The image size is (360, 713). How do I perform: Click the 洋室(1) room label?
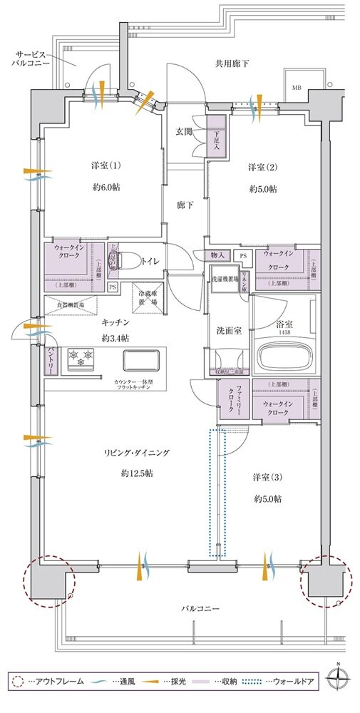[106, 166]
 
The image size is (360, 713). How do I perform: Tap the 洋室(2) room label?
[263, 168]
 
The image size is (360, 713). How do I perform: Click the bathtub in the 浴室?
[283, 356]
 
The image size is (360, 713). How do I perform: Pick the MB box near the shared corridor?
[295, 88]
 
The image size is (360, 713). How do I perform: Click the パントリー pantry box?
[34, 360]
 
